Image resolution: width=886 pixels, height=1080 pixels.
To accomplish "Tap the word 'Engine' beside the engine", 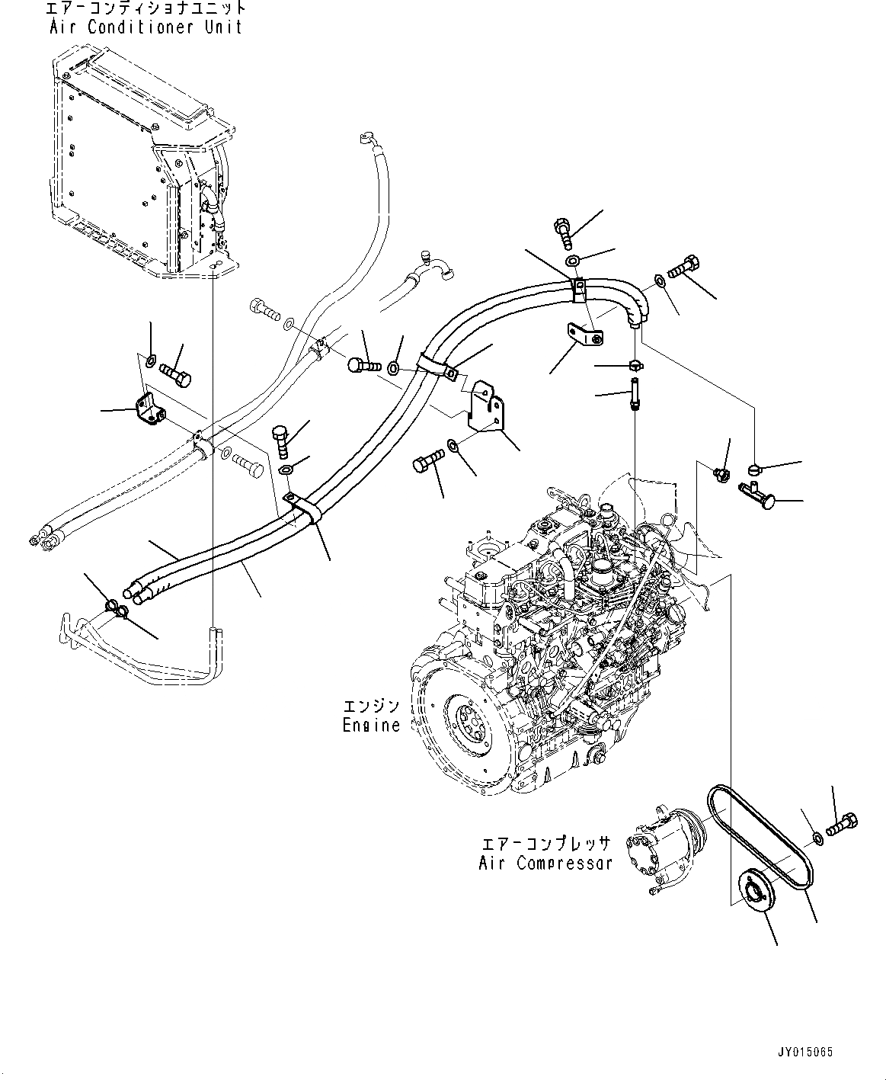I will click(x=371, y=725).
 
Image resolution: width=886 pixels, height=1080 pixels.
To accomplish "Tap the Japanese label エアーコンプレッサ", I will click(x=545, y=844).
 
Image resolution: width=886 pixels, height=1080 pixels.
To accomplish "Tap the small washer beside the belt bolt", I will click(x=817, y=838).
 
